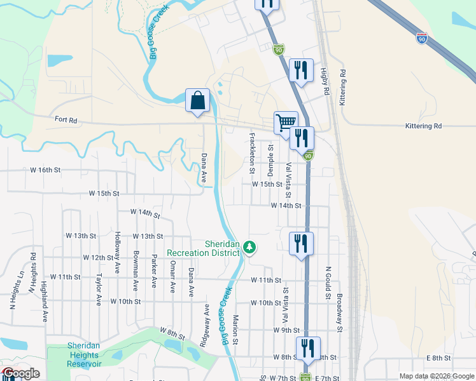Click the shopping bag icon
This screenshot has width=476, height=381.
click(197, 101)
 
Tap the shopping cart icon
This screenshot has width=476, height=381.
click(286, 121)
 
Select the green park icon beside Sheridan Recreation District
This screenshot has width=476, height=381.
click(251, 246)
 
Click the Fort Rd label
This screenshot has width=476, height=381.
click(66, 119)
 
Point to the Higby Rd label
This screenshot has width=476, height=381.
click(325, 83)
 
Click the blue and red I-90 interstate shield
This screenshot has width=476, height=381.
click(421, 39)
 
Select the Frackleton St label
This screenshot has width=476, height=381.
click(253, 153)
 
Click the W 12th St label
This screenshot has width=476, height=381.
click(97, 258)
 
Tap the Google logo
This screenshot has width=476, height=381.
click(20, 374)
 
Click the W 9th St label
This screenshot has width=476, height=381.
click(286, 330)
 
